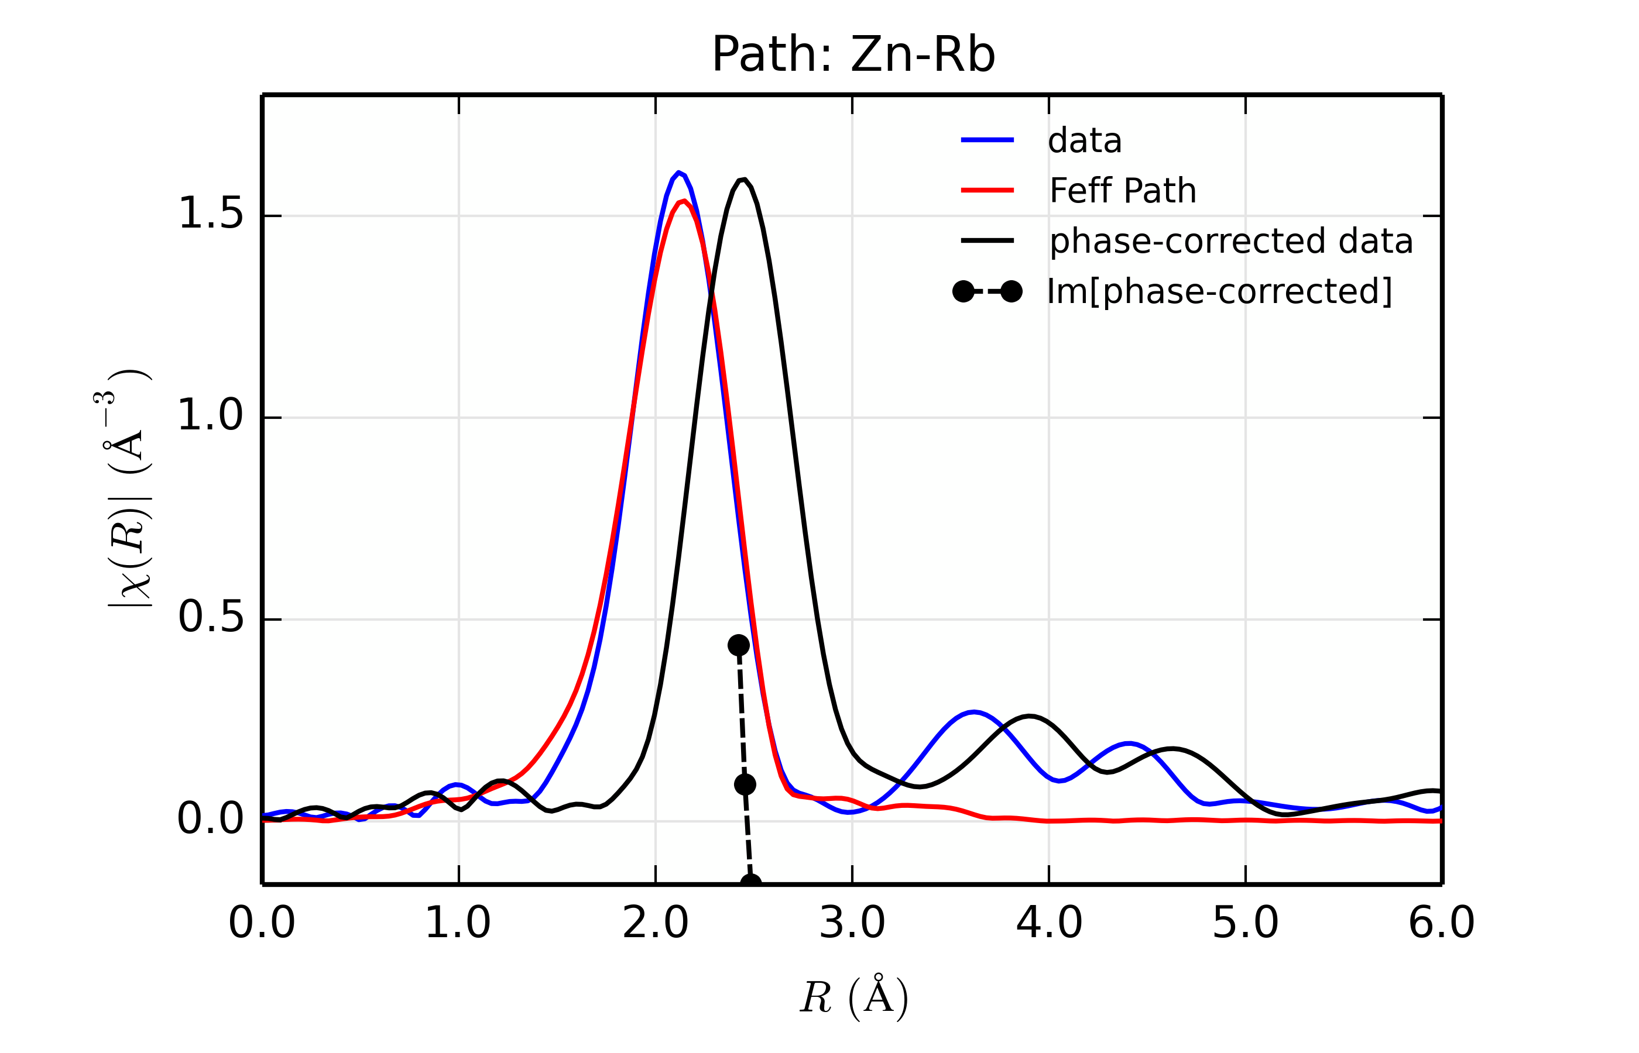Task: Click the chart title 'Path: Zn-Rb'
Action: click(853, 55)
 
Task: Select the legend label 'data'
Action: click(1085, 141)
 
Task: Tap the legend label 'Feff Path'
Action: click(1123, 191)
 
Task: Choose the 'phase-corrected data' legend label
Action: click(1230, 242)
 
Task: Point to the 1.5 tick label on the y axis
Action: click(211, 214)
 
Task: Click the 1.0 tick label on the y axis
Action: click(211, 416)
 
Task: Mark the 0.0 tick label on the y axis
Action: click(211, 819)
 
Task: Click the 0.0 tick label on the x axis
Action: click(262, 923)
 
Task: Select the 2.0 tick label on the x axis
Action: click(656, 923)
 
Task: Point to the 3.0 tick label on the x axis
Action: click(852, 923)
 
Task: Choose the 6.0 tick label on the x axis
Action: click(1441, 923)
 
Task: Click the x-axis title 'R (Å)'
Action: click(853, 997)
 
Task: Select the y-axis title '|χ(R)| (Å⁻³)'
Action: click(129, 488)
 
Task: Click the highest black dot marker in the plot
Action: click(738, 645)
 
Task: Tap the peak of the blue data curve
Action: click(678, 173)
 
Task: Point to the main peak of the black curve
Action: click(743, 179)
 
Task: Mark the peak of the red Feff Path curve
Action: click(684, 201)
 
